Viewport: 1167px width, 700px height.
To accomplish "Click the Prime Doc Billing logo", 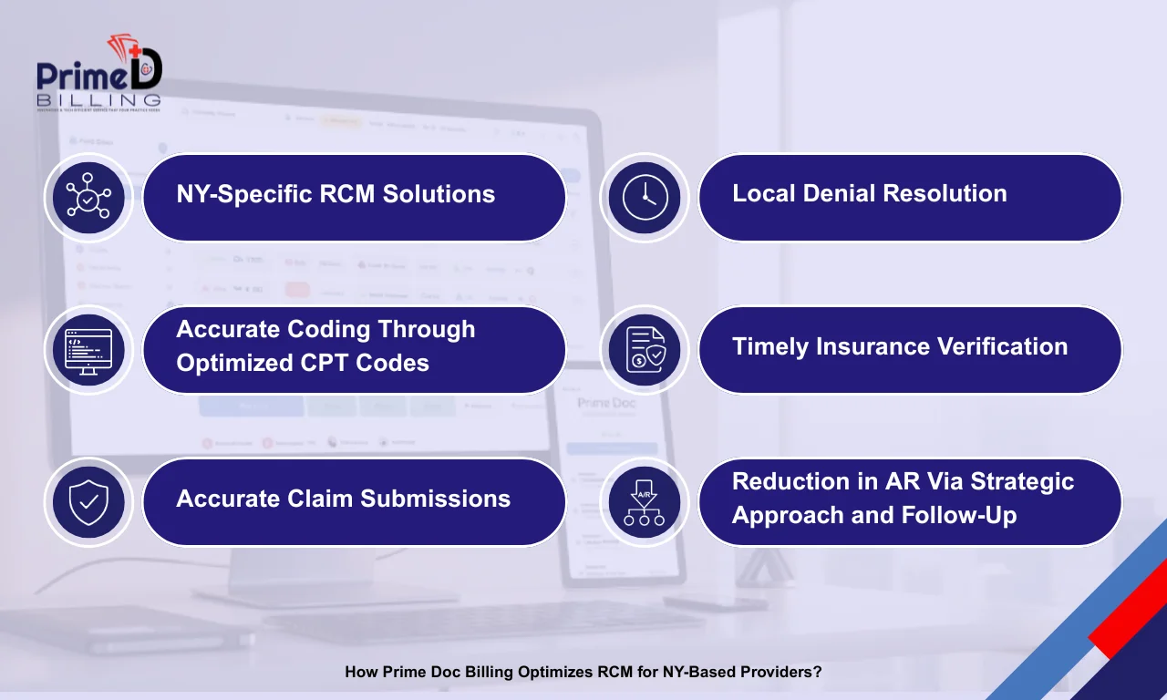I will pyautogui.click(x=98, y=74).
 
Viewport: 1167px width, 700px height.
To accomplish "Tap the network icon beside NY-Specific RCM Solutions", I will pyautogui.click(x=88, y=197).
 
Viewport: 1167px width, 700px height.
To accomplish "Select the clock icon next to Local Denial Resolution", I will pyautogui.click(x=645, y=197).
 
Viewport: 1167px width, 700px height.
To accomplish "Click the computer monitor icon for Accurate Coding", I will pyautogui.click(x=88, y=349).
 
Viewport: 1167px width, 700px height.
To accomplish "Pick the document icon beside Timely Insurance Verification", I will pyautogui.click(x=645, y=349).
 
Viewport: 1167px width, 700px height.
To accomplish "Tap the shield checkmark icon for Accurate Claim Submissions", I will pyautogui.click(x=88, y=501).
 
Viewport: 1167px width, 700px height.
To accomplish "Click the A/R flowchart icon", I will pyautogui.click(x=645, y=501).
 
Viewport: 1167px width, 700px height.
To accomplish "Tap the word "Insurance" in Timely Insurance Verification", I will pyautogui.click(x=881, y=346).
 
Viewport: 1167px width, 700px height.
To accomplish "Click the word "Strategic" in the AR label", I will pyautogui.click(x=1022, y=481).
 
